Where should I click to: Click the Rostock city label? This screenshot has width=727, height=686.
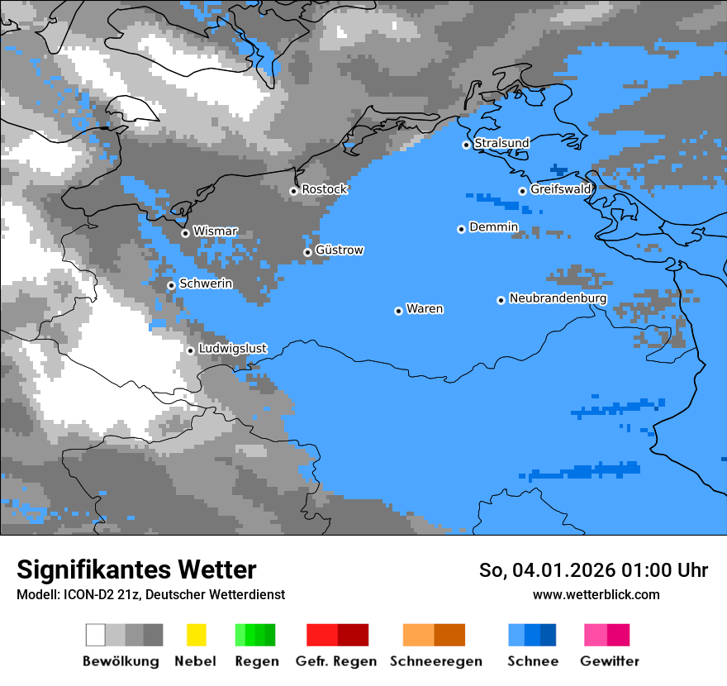[x=324, y=189]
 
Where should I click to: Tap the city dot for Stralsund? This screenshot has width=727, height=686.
[x=466, y=145]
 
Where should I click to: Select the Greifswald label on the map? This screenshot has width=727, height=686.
[x=560, y=189]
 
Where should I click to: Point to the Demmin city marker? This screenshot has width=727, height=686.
[x=461, y=229]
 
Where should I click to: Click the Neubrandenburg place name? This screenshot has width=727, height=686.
[x=558, y=298]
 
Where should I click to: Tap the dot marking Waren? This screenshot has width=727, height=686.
[x=398, y=311]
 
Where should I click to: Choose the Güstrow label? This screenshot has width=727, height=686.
[x=339, y=250]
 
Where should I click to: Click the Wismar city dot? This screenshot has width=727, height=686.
[x=185, y=233]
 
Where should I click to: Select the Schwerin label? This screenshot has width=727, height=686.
[x=206, y=284]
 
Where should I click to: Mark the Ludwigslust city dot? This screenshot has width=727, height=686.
[x=190, y=350]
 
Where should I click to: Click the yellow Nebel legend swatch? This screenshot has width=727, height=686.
[x=196, y=635]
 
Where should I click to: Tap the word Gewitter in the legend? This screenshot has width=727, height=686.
[x=610, y=661]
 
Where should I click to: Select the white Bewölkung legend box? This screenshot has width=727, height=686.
[x=96, y=635]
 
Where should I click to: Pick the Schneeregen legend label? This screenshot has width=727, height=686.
[x=435, y=661]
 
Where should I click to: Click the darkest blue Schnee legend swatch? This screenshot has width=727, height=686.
[x=549, y=635]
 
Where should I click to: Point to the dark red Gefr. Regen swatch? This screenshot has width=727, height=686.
[x=353, y=635]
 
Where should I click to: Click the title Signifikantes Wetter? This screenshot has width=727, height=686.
[x=136, y=569]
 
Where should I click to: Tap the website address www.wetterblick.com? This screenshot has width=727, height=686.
[x=596, y=594]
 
